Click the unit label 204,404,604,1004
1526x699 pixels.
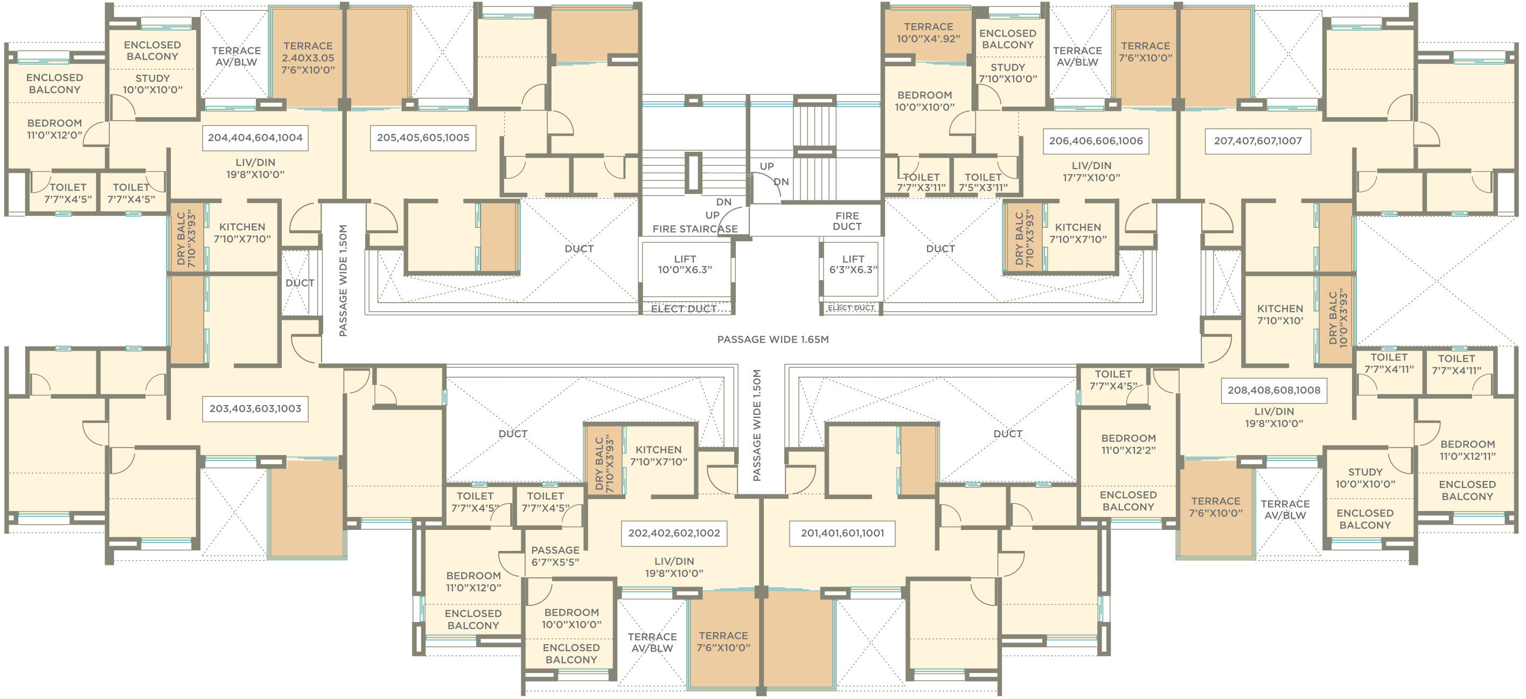[x=255, y=137]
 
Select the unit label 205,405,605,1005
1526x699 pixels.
[x=423, y=137]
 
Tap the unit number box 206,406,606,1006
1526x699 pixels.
[x=1096, y=141]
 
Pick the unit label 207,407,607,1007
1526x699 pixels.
[x=1258, y=141]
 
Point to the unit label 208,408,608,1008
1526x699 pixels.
[x=1273, y=390]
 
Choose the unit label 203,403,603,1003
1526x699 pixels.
[x=255, y=409]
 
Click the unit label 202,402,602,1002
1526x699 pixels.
[x=674, y=533]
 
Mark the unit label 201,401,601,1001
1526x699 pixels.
[x=842, y=533]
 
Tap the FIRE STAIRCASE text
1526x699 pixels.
[x=695, y=229]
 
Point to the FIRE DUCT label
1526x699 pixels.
[x=847, y=221]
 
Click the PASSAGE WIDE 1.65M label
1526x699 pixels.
[x=772, y=339]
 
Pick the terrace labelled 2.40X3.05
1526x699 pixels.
[x=308, y=58]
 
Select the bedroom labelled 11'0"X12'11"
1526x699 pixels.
[x=1467, y=450]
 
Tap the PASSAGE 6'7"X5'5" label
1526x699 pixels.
[x=555, y=556]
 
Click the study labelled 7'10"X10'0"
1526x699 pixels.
[x=1008, y=73]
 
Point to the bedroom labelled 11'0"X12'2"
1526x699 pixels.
[x=1128, y=444]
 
